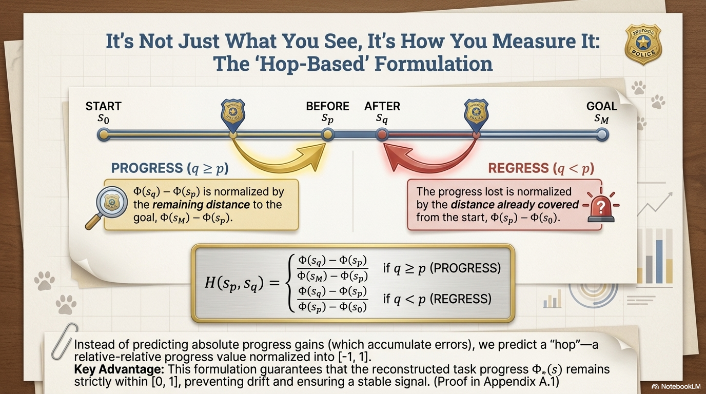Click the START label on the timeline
[x=103, y=106]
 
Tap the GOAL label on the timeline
[x=602, y=106]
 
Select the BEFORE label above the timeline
[x=327, y=106]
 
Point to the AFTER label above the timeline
[x=382, y=106]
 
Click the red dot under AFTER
[x=381, y=135]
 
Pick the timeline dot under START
[x=104, y=135]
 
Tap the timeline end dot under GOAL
[x=602, y=135]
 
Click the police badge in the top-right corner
[x=644, y=45]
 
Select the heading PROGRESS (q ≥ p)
[x=170, y=168]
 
